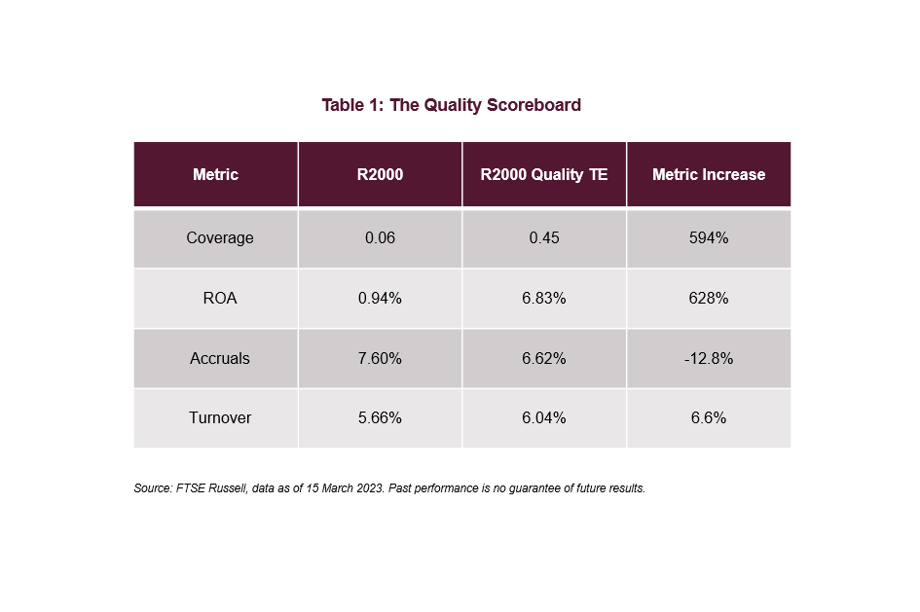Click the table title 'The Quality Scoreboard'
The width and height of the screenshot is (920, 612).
(451, 105)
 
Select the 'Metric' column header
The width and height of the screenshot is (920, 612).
(215, 175)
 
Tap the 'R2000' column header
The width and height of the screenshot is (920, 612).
(380, 175)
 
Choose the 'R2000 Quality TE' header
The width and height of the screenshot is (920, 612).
(543, 175)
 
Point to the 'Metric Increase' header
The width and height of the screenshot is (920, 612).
(708, 175)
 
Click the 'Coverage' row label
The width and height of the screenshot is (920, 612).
(219, 238)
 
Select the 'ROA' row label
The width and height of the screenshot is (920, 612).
(219, 299)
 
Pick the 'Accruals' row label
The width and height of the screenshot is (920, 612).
(219, 359)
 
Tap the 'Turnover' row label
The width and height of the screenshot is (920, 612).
(219, 418)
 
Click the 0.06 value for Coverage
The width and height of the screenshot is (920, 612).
(380, 238)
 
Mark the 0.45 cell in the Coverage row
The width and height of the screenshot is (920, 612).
(543, 238)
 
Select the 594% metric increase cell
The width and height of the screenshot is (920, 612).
(708, 238)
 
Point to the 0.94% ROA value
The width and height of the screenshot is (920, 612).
(380, 299)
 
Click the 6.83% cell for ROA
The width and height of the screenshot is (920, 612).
(543, 299)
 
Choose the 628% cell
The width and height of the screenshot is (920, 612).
(708, 299)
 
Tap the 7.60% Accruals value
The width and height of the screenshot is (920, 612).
(380, 359)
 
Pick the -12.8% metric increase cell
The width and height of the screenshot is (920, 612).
(708, 359)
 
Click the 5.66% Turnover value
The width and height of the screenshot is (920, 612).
(380, 418)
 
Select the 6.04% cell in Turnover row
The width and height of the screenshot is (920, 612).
(543, 418)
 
